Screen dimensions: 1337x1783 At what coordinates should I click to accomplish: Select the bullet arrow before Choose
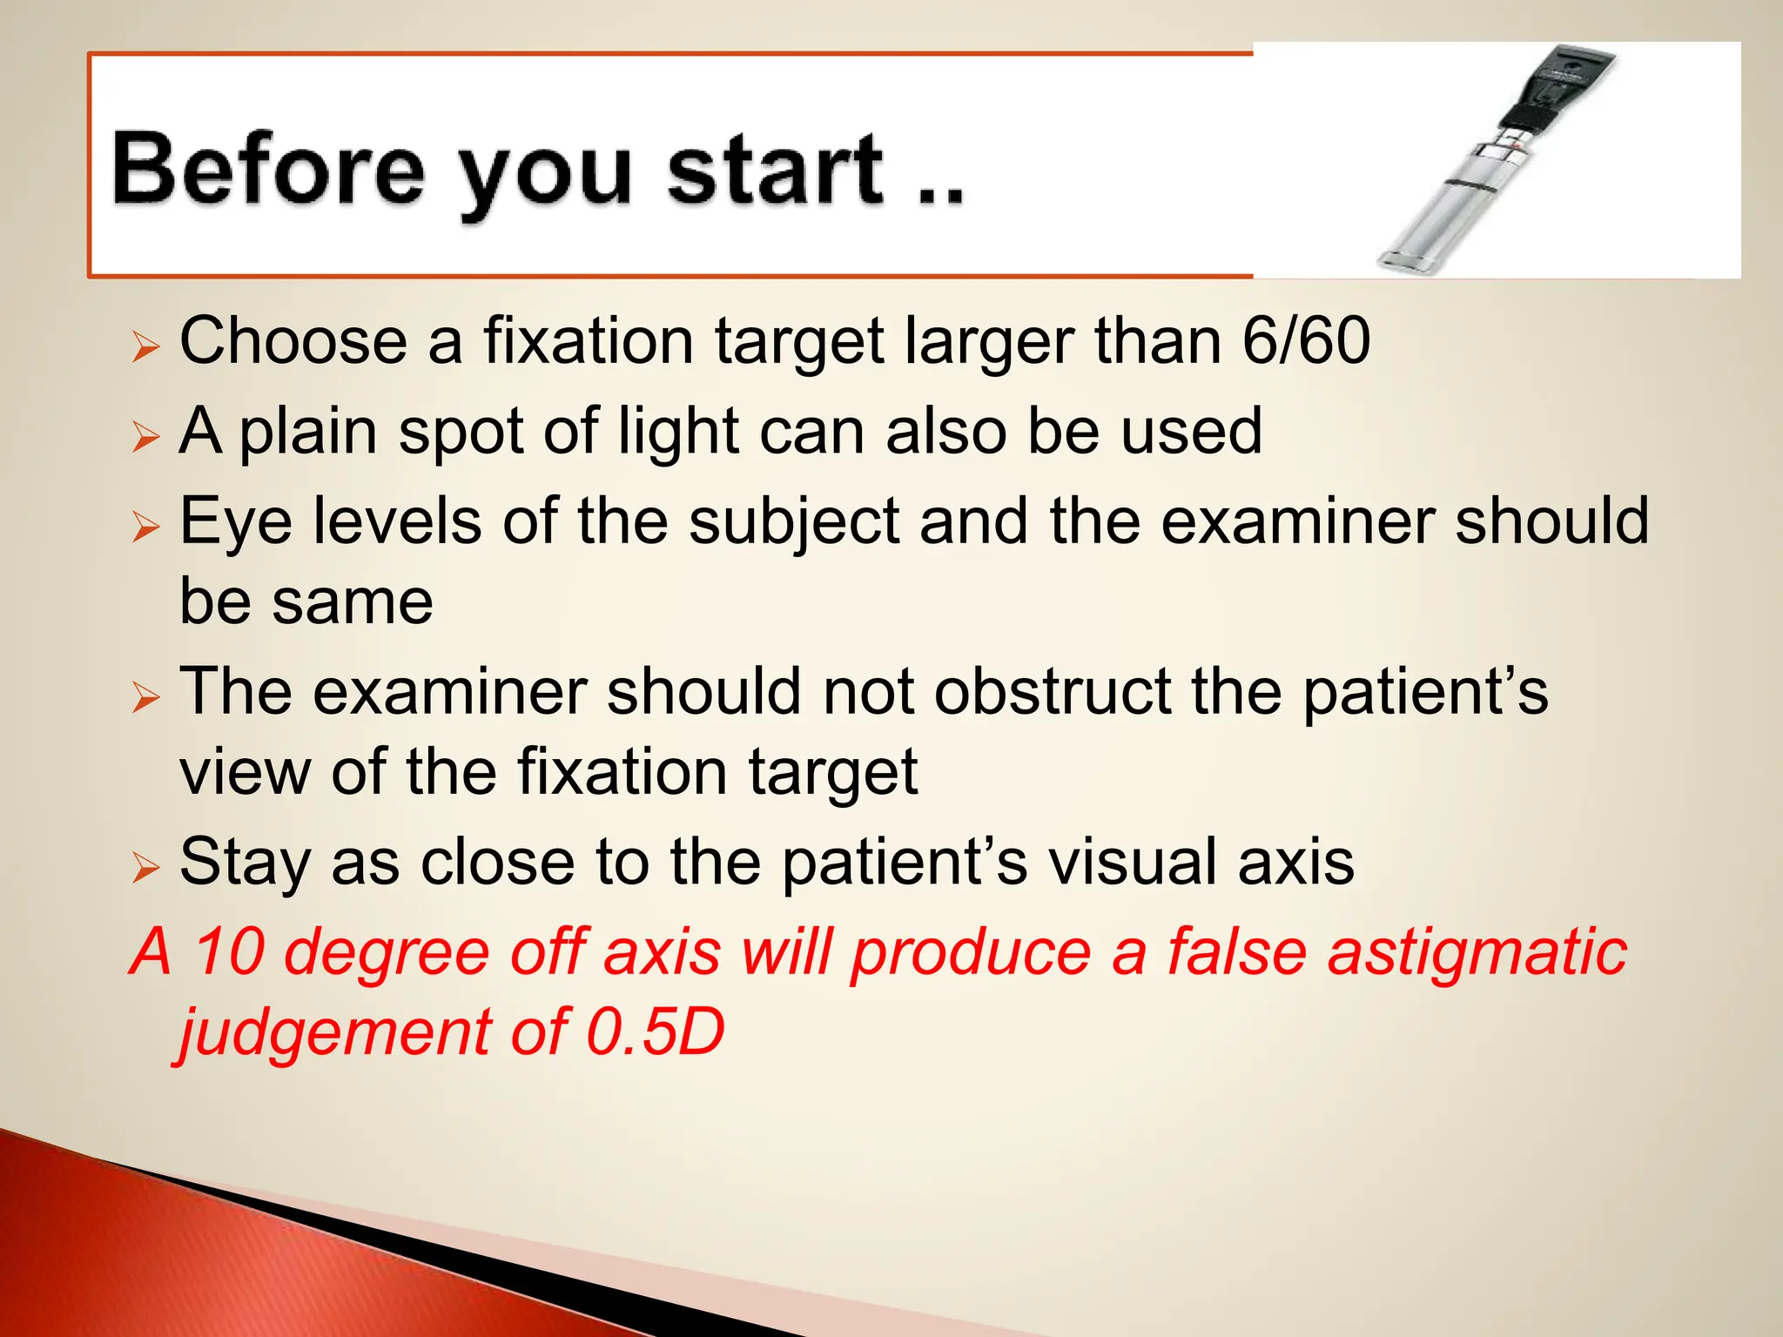point(145,347)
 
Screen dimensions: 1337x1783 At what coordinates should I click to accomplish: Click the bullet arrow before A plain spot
point(145,437)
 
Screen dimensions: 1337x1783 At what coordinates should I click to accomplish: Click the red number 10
point(228,951)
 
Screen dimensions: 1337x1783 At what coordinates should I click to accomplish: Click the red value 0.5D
point(655,1032)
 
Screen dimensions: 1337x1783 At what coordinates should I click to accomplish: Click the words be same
point(306,601)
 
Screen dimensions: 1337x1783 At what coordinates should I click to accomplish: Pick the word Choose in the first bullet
point(293,340)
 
